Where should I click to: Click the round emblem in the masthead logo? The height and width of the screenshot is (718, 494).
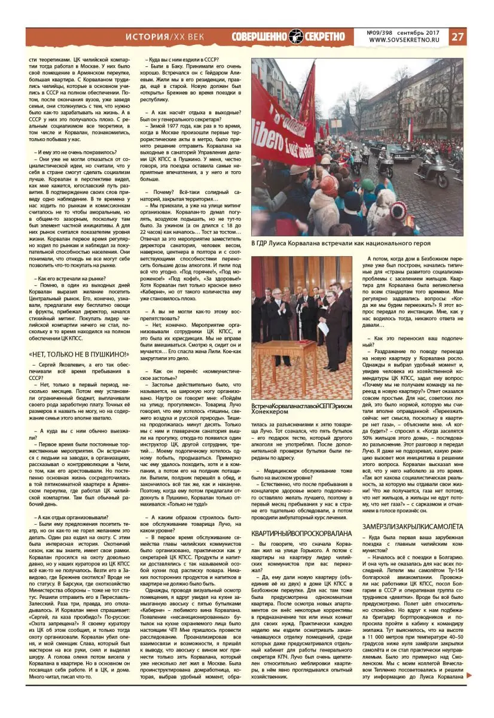297,36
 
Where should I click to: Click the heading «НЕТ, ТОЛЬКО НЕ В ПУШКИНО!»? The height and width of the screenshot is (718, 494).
80,354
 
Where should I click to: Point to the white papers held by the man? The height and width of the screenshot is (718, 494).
324,328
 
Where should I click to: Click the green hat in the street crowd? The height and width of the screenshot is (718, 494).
370,186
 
